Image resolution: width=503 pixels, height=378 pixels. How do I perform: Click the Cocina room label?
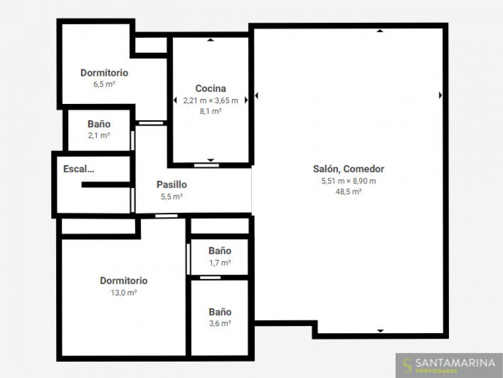tap(210, 89)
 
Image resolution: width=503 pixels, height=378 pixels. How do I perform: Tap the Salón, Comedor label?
tap(349, 169)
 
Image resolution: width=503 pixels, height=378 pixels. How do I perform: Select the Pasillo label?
tap(171, 185)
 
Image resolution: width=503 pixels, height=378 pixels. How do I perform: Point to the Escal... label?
tap(79, 169)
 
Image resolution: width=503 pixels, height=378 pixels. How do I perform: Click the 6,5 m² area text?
tap(104, 84)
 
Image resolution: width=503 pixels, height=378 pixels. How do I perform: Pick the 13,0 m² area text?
tap(124, 293)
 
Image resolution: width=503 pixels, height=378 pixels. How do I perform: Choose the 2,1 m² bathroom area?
tap(99, 135)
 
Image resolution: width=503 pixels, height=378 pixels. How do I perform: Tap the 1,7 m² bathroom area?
tap(220, 262)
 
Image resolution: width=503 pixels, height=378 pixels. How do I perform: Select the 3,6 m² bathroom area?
tap(220, 323)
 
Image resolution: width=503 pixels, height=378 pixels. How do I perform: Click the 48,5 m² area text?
tap(349, 192)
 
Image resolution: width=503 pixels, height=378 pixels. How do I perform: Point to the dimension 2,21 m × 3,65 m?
tap(210, 101)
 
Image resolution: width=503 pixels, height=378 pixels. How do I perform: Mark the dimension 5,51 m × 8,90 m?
tap(349, 181)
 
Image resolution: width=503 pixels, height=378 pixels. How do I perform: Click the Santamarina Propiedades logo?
tap(449, 365)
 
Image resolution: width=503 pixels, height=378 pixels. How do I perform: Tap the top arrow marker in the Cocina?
tap(210, 40)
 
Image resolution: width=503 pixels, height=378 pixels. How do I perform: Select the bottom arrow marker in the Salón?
tap(381, 331)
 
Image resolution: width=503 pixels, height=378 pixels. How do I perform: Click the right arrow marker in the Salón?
tap(440, 95)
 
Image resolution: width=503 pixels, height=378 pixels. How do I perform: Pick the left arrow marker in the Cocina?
tap(175, 100)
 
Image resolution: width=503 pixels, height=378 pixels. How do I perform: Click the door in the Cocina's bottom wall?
tap(207, 166)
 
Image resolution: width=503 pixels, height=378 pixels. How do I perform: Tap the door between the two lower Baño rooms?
tap(210, 278)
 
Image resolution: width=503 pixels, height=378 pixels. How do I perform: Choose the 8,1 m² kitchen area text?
tap(210, 111)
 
